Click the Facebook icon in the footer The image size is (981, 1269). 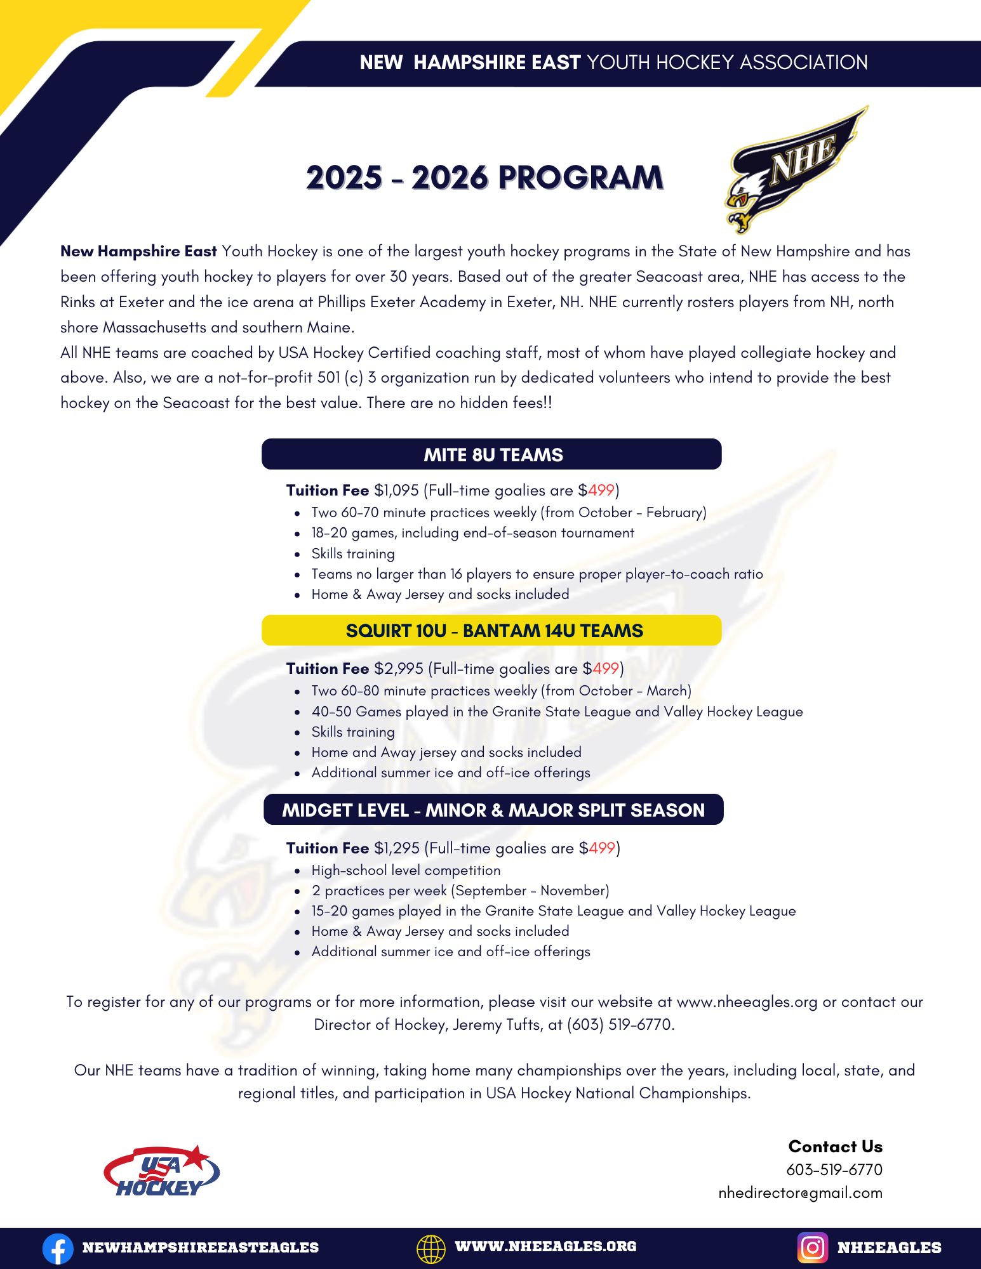point(58,1248)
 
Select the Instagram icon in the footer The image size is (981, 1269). point(812,1247)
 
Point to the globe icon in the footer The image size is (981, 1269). point(431,1248)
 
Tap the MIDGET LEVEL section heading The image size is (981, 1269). point(493,810)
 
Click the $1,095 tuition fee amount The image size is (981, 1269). point(396,490)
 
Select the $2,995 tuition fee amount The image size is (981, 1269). point(399,669)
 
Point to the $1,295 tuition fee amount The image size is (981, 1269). point(397,848)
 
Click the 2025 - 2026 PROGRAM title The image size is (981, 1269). point(484,178)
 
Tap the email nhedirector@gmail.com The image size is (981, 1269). point(800,1193)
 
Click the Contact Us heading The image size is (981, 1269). point(835,1147)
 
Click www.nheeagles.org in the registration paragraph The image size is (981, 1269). point(747,1002)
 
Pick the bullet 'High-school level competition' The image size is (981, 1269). point(406,871)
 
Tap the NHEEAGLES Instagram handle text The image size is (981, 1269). point(889,1247)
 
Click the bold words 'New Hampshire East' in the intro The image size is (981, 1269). point(138,251)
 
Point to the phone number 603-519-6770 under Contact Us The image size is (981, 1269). point(834,1169)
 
